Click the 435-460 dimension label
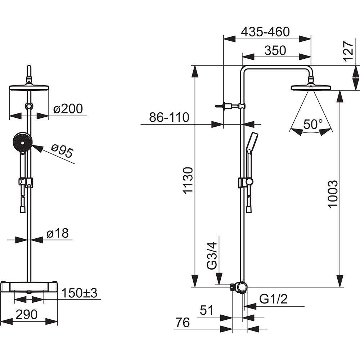pos(265,32)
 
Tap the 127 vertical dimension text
pos(348,51)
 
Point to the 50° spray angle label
pos(313,125)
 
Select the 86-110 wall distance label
pos(169,117)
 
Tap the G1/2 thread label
pos(273,299)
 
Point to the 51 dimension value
pos(207,311)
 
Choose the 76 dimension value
pos(183,323)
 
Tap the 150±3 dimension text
pos(79,293)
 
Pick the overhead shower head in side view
pos(310,87)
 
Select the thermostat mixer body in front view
pos(29,286)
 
